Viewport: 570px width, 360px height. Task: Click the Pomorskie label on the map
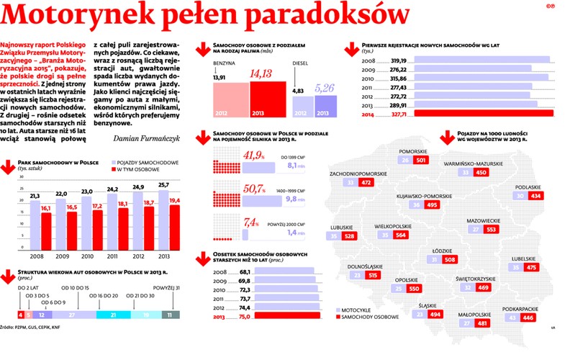click(x=413, y=150)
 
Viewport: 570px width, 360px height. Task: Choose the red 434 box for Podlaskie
click(x=535, y=196)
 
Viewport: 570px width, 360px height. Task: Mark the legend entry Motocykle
click(x=357, y=310)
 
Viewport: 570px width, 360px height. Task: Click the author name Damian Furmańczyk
click(x=151, y=138)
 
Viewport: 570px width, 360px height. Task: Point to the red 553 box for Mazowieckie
click(x=492, y=230)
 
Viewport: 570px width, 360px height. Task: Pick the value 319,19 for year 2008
click(x=399, y=60)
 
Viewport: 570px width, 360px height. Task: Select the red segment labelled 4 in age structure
click(x=20, y=315)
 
